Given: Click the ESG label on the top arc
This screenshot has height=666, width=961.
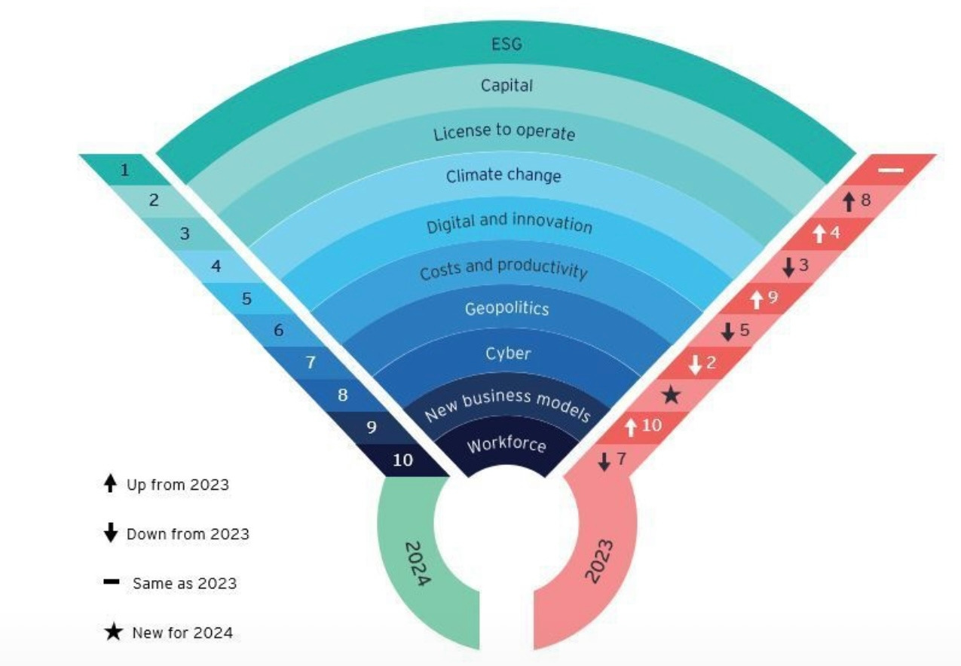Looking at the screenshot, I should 507,44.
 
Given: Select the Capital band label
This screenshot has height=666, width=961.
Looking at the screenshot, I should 507,85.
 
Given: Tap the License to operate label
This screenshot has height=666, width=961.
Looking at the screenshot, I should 503,133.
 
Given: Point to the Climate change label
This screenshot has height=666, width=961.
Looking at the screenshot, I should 503,176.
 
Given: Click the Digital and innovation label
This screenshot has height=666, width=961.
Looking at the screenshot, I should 509,223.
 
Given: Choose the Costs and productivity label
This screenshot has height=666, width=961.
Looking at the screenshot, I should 503,268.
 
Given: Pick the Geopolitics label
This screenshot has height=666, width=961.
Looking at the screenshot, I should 507,308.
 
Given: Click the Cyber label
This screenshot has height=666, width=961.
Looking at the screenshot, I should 507,353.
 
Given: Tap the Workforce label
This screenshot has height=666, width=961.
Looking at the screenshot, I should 506,444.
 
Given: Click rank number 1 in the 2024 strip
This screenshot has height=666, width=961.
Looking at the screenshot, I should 124,170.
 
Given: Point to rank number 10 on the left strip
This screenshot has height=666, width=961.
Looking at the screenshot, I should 403,460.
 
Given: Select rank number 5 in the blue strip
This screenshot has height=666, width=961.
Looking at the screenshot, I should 246,298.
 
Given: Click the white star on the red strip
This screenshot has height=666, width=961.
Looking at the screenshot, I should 671,395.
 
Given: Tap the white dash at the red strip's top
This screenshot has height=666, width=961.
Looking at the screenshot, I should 890,170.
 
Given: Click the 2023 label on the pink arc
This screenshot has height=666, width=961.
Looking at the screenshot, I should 599,560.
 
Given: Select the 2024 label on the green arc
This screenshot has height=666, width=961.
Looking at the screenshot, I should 417,564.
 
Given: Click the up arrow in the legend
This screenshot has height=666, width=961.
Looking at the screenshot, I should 111,484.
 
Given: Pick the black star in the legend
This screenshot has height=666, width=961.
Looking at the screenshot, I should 113,632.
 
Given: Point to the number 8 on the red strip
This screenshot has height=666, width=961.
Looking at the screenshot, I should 865,200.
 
